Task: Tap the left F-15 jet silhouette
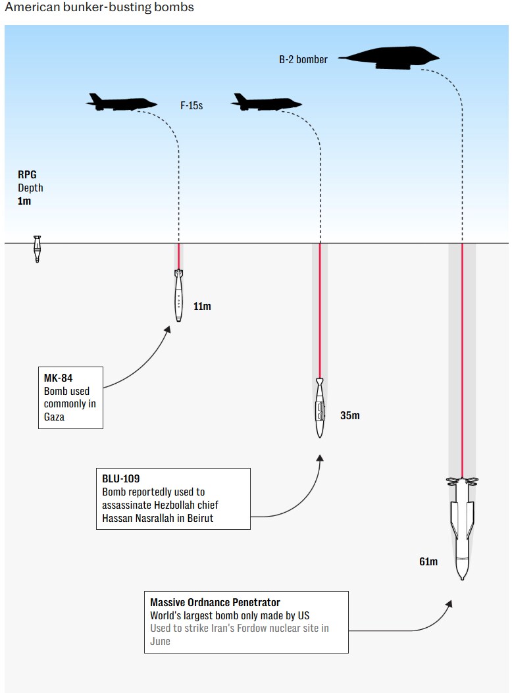pyautogui.click(x=121, y=102)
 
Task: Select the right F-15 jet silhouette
pyautogui.click(x=266, y=102)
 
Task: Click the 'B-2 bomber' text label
pyautogui.click(x=303, y=59)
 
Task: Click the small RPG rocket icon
pyautogui.click(x=38, y=249)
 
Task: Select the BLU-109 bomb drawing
pyautogui.click(x=319, y=408)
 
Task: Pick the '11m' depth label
pyautogui.click(x=202, y=306)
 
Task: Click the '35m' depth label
pyautogui.click(x=350, y=415)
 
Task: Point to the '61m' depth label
pyautogui.click(x=428, y=561)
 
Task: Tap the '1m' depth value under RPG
pyautogui.click(x=24, y=201)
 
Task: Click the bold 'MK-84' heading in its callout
pyautogui.click(x=59, y=378)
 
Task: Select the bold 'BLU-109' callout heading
pyautogui.click(x=121, y=478)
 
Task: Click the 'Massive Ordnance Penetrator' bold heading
pyautogui.click(x=215, y=602)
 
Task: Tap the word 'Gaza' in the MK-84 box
pyautogui.click(x=54, y=416)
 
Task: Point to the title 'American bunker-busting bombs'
pyautogui.click(x=99, y=8)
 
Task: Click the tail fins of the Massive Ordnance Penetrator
pyautogui.click(x=462, y=482)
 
